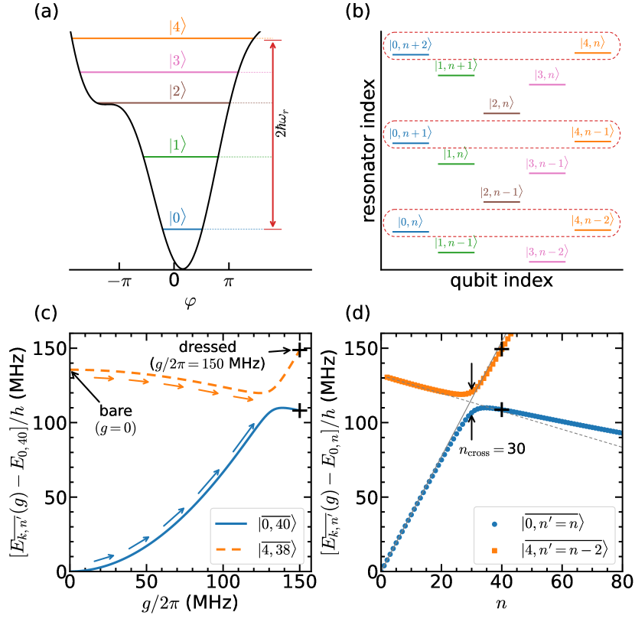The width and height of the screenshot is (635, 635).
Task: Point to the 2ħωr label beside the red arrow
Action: (x=281, y=131)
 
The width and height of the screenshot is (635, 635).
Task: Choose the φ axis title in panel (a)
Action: (x=175, y=303)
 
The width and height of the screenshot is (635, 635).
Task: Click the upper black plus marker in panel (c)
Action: (x=298, y=350)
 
